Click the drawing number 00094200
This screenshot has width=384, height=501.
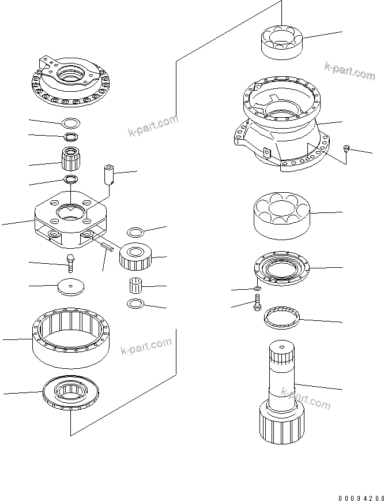click(x=360, y=497)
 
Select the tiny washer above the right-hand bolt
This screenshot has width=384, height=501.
click(x=257, y=288)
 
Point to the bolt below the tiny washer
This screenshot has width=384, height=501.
click(x=256, y=303)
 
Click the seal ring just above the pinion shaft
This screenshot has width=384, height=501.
click(x=281, y=317)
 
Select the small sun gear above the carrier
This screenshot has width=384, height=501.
click(x=71, y=157)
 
